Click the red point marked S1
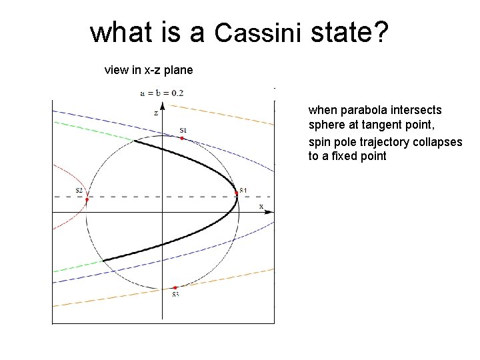click(182, 139)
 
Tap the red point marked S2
click(87, 199)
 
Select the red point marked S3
click(174, 287)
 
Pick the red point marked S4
click(237, 193)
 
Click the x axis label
click(261, 206)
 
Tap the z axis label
click(156, 113)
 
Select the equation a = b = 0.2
click(162, 93)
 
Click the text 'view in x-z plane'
click(149, 69)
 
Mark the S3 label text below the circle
click(175, 295)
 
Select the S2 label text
click(79, 191)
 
